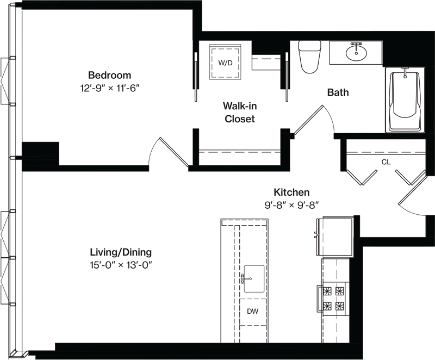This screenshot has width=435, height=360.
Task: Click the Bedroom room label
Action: (110, 75)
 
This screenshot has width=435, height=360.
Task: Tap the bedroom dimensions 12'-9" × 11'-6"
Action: (110, 89)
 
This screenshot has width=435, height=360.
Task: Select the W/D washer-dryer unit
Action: (225, 63)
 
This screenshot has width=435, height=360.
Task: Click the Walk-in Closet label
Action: (240, 113)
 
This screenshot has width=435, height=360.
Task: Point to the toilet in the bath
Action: (309, 57)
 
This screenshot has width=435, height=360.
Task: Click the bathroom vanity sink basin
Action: (357, 52)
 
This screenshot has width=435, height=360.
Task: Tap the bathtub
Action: (405, 101)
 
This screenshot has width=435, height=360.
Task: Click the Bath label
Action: (338, 92)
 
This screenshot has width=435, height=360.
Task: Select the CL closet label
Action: (386, 162)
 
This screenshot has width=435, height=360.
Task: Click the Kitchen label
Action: (291, 192)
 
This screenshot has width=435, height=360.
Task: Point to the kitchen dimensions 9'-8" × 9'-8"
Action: (291, 205)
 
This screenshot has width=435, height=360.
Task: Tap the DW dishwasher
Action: (253, 312)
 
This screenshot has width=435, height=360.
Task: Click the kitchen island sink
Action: (254, 279)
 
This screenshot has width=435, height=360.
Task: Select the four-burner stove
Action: (333, 299)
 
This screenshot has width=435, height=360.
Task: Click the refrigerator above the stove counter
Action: (334, 237)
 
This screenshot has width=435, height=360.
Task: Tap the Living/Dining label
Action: (121, 252)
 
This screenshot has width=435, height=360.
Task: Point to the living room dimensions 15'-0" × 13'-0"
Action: (121, 265)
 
